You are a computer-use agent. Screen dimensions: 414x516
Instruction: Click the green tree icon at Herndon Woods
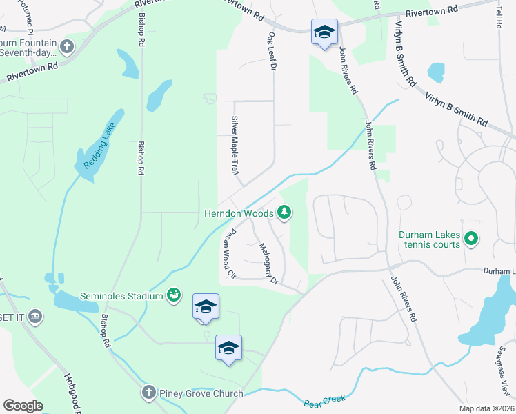(x=284, y=213)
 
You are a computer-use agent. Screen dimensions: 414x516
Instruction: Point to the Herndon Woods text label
(x=239, y=213)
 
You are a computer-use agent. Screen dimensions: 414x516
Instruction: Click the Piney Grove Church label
(x=200, y=393)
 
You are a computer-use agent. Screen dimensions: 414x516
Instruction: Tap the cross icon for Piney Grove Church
(x=148, y=393)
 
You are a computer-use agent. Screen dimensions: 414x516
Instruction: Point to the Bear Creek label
(x=324, y=400)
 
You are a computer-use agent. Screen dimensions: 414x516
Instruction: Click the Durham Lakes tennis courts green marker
(x=472, y=240)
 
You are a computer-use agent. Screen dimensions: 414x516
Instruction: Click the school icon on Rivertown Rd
(x=324, y=32)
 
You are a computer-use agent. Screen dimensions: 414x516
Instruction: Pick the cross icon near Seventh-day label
(x=66, y=47)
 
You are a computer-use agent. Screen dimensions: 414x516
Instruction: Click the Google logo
(x=23, y=406)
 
